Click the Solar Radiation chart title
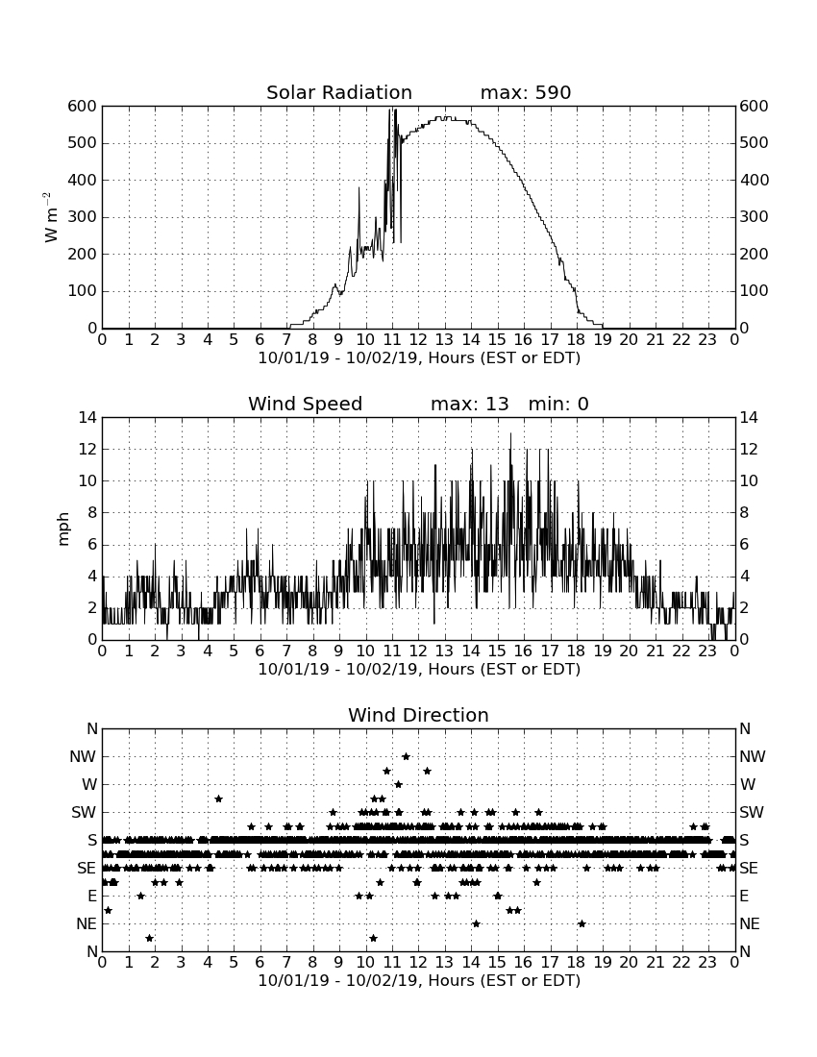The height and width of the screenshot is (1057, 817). (339, 92)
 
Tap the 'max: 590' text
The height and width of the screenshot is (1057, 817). (526, 92)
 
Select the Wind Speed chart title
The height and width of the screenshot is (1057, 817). (306, 404)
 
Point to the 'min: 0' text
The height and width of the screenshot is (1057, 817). (558, 404)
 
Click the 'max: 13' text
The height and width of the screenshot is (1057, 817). (470, 404)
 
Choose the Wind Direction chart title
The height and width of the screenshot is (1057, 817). (419, 715)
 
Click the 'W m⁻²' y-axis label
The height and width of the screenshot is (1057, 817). (48, 217)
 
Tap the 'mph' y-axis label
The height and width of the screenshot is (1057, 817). (62, 529)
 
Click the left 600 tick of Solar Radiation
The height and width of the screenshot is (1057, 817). (83, 107)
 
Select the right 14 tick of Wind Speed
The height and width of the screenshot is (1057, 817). (749, 418)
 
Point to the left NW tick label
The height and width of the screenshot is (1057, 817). (84, 757)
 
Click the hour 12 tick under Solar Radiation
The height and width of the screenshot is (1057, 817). (418, 340)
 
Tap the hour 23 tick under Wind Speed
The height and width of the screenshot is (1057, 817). (707, 651)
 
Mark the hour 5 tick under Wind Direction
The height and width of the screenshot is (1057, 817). (234, 962)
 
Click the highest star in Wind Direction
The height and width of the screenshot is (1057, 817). (406, 756)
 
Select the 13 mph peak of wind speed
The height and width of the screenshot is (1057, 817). (510, 433)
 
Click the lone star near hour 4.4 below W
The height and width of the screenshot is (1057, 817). (218, 799)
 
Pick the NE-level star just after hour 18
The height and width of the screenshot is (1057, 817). (582, 923)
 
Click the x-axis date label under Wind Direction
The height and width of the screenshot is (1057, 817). (419, 980)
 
